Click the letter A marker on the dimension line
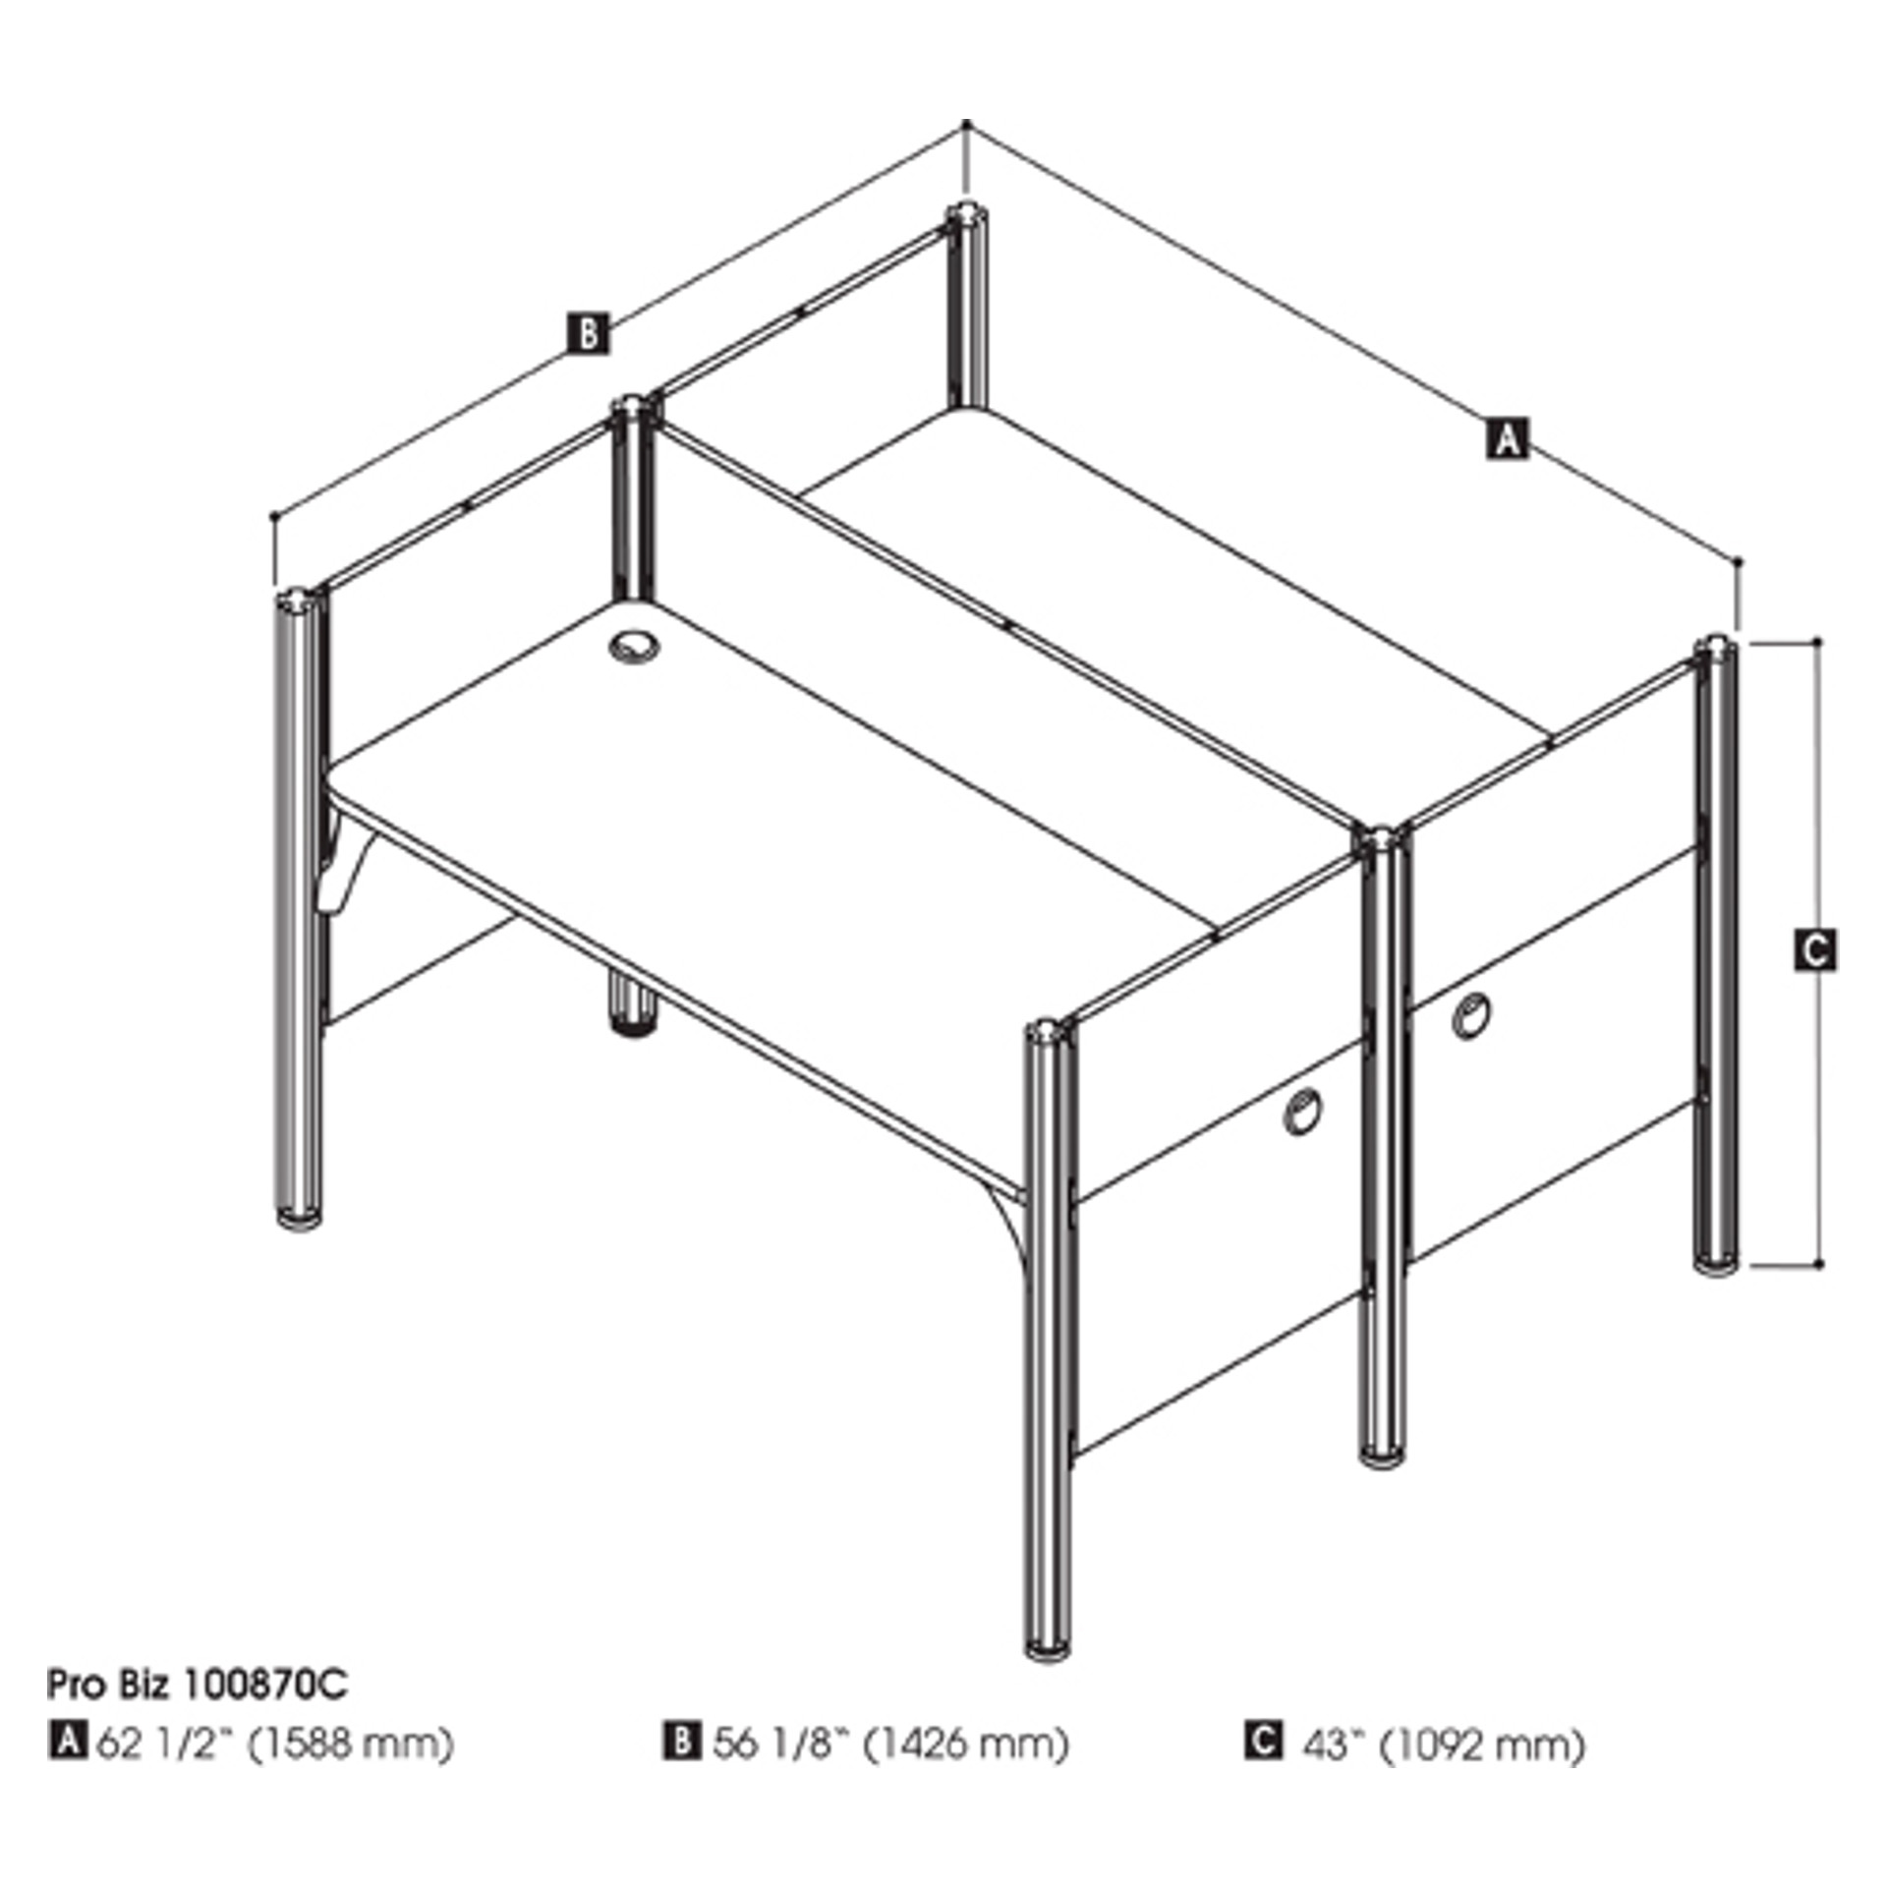tap(1507, 438)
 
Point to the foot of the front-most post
tap(1049, 1643)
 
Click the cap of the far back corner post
tap(968, 216)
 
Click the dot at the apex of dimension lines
tap(967, 124)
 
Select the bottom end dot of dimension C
tap(1819, 1263)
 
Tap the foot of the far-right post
tap(1716, 1265)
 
